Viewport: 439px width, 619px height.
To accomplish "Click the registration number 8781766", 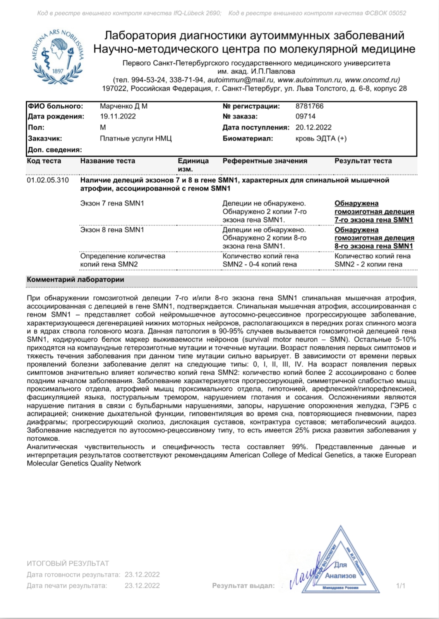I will (x=309, y=106).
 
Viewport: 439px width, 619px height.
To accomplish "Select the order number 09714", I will (x=305, y=116).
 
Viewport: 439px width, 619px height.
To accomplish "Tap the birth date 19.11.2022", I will (x=118, y=116).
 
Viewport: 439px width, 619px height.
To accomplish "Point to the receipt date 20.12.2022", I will (x=313, y=127).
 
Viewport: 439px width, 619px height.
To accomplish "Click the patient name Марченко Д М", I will (x=123, y=106).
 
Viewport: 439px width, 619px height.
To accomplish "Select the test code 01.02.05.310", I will (x=48, y=180).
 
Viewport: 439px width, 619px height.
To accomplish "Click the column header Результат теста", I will (x=363, y=161).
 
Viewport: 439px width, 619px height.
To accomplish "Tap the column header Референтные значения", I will (x=265, y=161).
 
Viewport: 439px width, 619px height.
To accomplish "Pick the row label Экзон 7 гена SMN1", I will (x=112, y=203).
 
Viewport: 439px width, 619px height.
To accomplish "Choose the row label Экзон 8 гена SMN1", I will (x=112, y=230).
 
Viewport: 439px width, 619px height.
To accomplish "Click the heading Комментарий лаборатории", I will (x=75, y=280).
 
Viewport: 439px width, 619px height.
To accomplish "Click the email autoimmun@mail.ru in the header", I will (x=241, y=80).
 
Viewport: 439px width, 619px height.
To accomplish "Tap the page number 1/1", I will (x=401, y=586).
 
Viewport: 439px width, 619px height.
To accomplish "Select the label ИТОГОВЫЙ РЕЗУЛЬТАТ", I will (x=68, y=563).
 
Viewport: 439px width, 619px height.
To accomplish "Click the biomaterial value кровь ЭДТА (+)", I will (x=321, y=138).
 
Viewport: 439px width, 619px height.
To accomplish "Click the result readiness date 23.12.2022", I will (x=142, y=575).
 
